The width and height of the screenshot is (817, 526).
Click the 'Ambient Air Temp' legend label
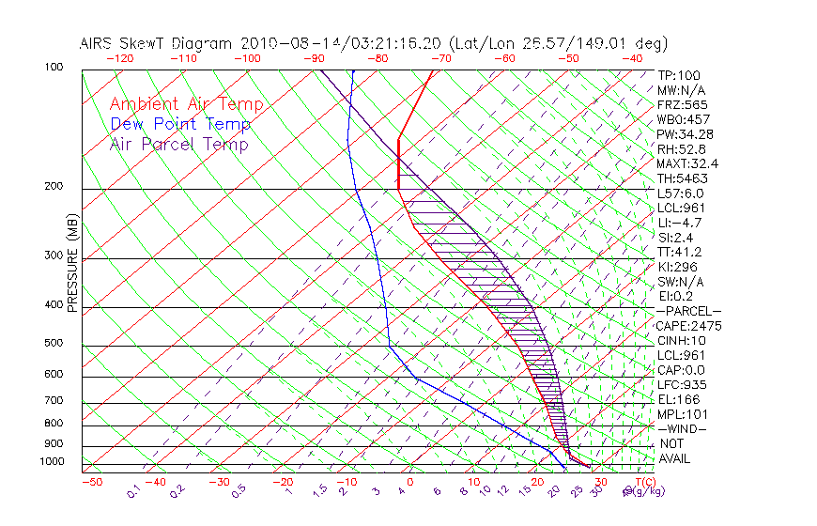(186, 104)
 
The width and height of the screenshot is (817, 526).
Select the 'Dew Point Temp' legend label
(180, 124)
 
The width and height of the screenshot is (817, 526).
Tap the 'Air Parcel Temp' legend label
(178, 144)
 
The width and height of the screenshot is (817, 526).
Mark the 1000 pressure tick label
(54, 461)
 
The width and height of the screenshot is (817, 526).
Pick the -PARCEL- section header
(688, 311)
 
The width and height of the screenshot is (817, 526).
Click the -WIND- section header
(683, 428)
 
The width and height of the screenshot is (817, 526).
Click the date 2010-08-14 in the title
(281, 43)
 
